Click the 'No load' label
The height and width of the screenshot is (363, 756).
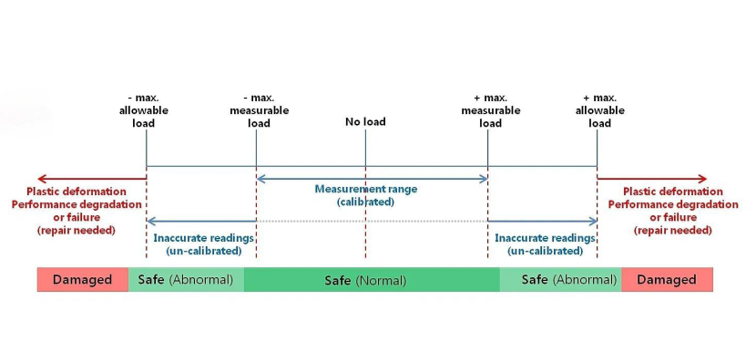coord(365,121)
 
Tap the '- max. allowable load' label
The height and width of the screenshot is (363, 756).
coord(144,110)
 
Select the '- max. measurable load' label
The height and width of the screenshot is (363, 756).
coord(259,110)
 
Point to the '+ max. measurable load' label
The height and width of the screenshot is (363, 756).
coord(490,110)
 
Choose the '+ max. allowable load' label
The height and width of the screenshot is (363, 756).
coord(599,110)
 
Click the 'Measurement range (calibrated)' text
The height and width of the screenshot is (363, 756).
coord(366,195)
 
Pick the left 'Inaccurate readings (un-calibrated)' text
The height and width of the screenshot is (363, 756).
coord(203,244)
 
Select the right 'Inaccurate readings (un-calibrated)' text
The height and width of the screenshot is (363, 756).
coord(545,244)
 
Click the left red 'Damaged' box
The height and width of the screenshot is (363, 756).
coord(83,279)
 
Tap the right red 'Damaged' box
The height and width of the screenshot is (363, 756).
coord(667,279)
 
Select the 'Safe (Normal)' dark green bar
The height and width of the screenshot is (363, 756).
coord(372,279)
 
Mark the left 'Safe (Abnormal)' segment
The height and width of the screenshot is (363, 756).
coord(186,279)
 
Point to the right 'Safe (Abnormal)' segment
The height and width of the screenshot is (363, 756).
coord(561,279)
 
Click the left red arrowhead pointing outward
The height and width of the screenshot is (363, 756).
coord(42,179)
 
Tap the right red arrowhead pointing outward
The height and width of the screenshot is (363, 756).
coord(702,179)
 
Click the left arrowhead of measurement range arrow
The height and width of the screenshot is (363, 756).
coord(261,179)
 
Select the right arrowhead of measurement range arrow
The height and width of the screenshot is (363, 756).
coord(483,179)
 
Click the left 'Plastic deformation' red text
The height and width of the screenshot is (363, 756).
coord(77,192)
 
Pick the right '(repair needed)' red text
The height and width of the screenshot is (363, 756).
coord(672,230)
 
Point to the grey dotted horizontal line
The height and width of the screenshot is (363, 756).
coord(372,221)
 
